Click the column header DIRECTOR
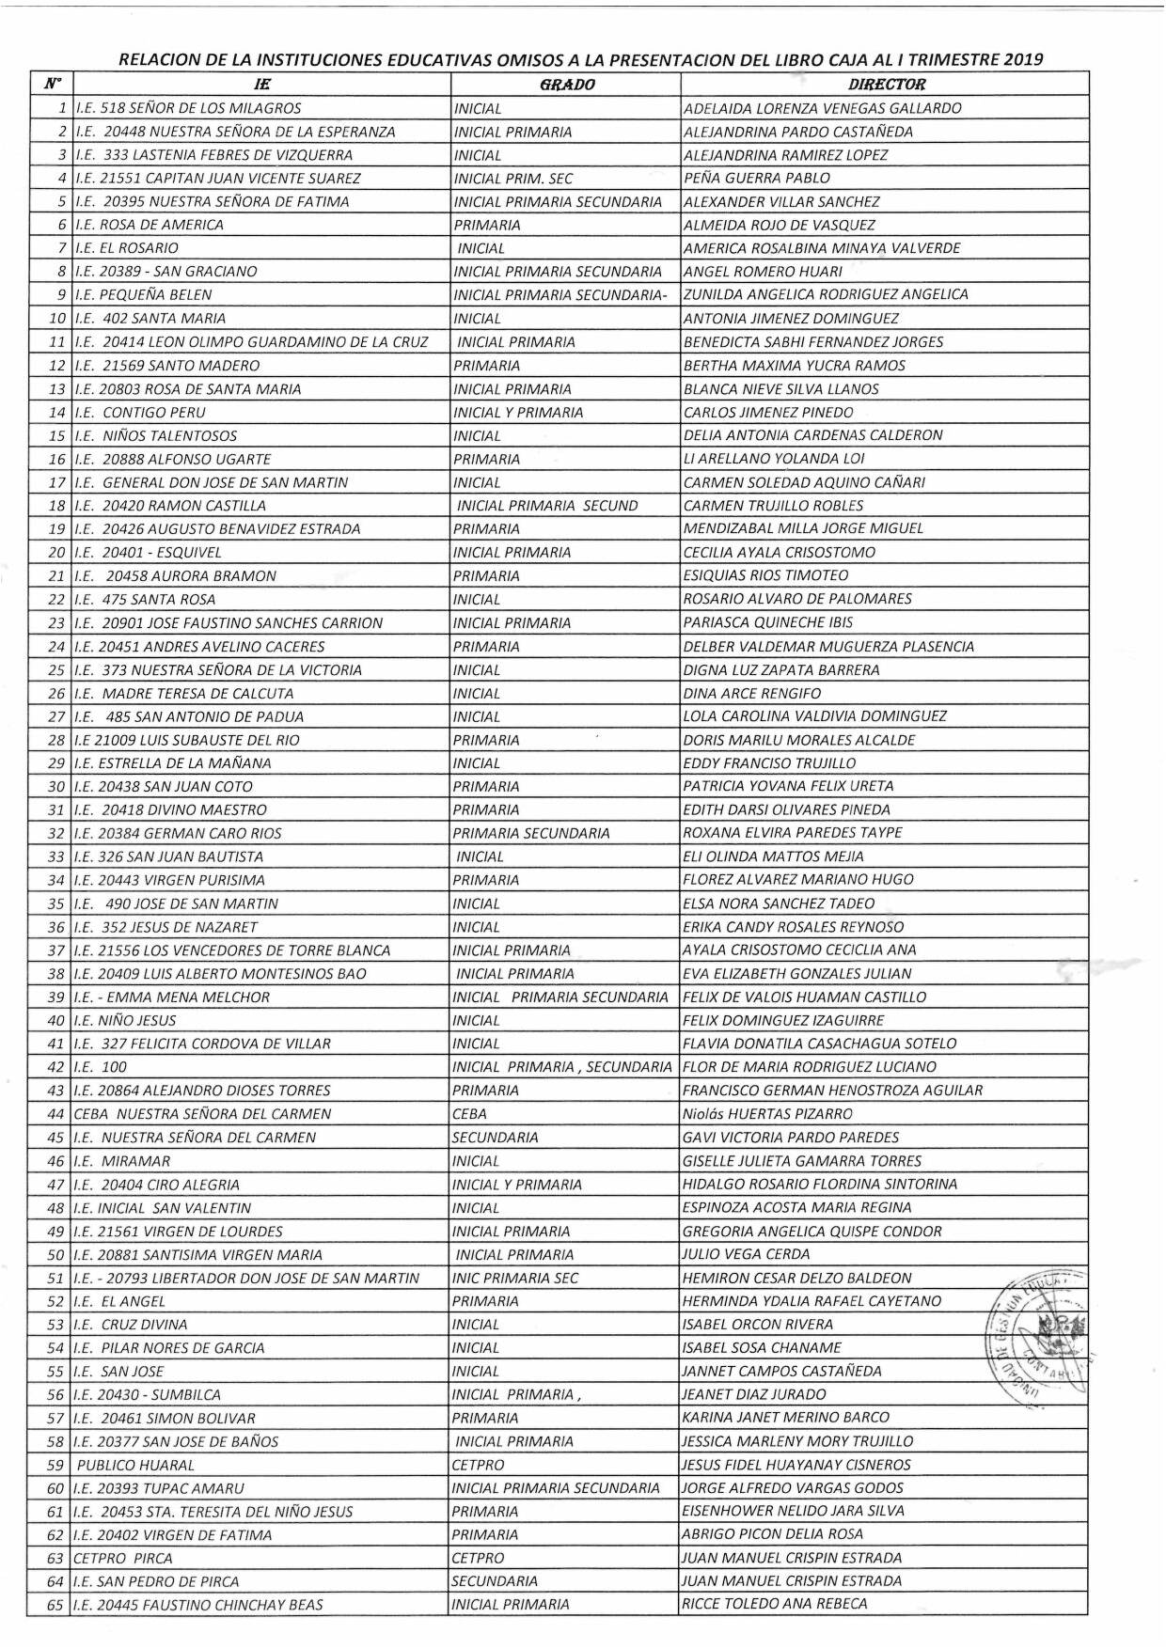point(886,85)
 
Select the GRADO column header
point(567,85)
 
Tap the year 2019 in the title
point(1023,60)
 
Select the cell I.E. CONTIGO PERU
point(139,412)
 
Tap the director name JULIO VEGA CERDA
point(746,1254)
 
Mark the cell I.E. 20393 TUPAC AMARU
point(158,1488)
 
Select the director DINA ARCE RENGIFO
point(752,694)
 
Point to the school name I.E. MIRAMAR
point(121,1161)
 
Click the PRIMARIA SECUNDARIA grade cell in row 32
point(531,833)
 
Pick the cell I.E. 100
point(100,1067)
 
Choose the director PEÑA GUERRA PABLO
point(757,178)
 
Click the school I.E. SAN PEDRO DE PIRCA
point(156,1581)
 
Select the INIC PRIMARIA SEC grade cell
point(515,1278)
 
